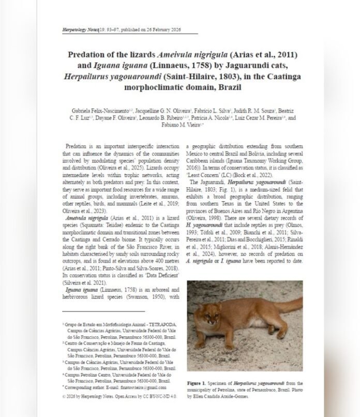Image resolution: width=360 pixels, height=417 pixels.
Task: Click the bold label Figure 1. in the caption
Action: click(x=199, y=383)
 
